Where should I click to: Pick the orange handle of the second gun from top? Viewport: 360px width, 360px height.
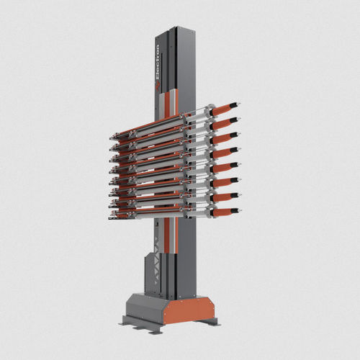coord(224,125)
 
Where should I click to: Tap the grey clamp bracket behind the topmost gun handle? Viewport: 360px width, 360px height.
coord(208,114)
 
